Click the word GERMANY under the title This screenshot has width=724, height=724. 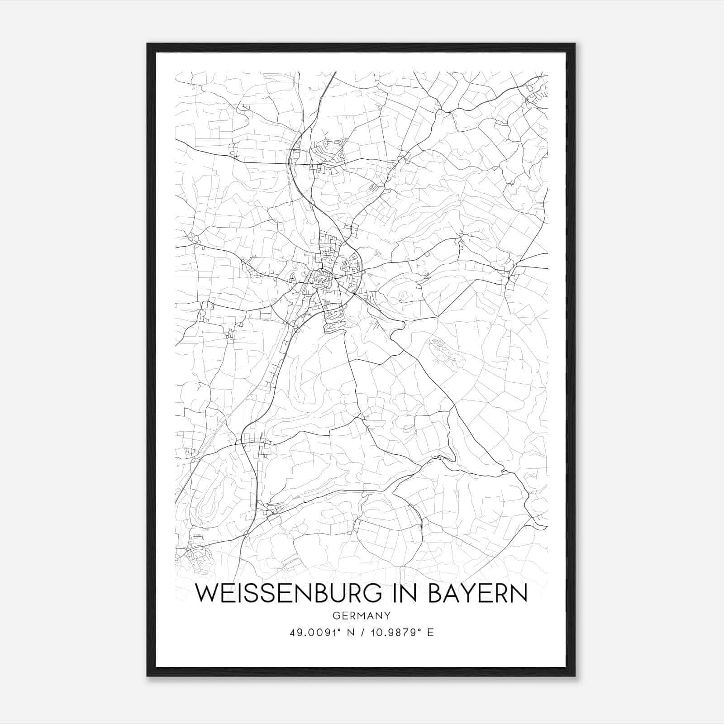coord(361,615)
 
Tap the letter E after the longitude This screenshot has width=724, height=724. coord(430,633)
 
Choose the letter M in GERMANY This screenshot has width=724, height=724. coord(363,615)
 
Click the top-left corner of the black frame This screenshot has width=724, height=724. coord(148,44)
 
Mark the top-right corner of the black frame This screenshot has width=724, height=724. coord(574,44)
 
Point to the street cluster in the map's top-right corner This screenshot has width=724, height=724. coord(536,93)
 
